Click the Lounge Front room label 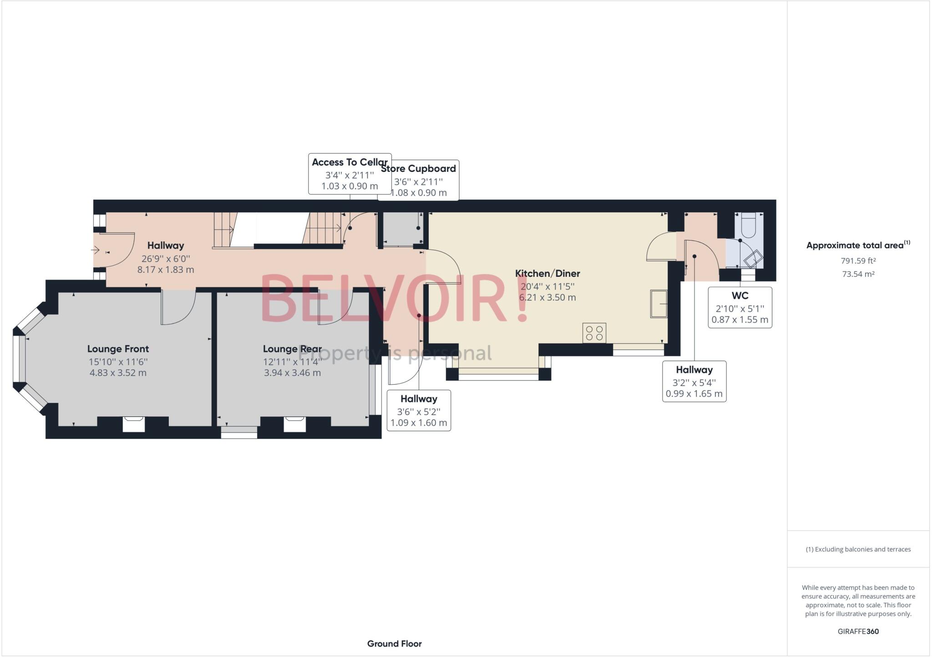[118, 349]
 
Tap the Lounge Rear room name [292, 349]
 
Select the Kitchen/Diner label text [547, 273]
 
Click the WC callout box [740, 307]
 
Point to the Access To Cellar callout [349, 174]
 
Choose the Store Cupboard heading [418, 169]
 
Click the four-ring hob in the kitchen [594, 333]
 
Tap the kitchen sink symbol [658, 303]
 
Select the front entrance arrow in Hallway [96, 250]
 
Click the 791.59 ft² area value [858, 261]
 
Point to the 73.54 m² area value [858, 274]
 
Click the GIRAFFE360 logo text [858, 631]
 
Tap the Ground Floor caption [394, 643]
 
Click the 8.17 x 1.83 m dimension [166, 270]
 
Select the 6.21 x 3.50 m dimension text [547, 297]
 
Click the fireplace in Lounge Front [134, 424]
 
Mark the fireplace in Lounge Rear [295, 424]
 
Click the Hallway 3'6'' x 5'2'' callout [419, 411]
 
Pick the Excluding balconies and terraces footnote [858, 549]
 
